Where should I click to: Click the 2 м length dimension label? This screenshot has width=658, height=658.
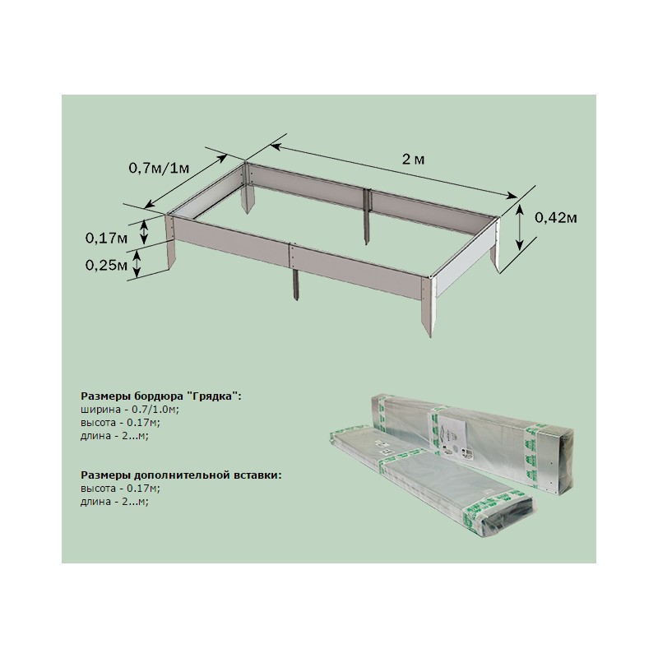pos(414,160)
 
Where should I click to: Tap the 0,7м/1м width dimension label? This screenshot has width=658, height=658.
pos(159,169)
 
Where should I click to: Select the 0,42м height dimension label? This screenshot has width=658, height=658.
pos(556,218)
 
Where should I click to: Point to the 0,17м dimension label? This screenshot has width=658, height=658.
pos(106,239)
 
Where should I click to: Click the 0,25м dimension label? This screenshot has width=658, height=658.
pos(106,265)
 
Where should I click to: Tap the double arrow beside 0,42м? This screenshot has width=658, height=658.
pos(520,227)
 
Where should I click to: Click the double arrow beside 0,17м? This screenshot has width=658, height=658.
pos(144,232)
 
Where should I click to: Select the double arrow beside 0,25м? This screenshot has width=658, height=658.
pos(137,265)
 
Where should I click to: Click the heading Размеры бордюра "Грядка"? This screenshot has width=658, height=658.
pos(161,396)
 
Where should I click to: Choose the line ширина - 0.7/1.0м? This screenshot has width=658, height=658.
pos(130,409)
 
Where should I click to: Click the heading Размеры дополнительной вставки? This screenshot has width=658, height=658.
pos(181,475)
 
